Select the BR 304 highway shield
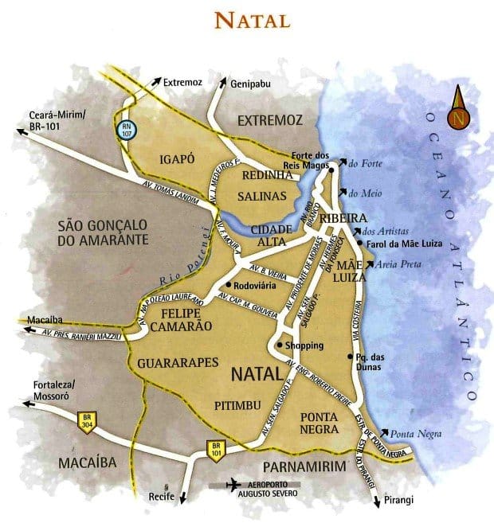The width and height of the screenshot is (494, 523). coord(86,420)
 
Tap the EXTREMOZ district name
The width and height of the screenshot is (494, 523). coord(270,119)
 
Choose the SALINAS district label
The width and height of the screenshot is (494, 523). coord(261,194)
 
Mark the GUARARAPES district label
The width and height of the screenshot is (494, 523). coord(178,362)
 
